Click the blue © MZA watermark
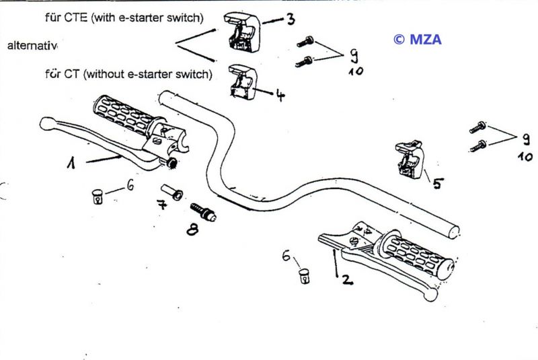point(417,39)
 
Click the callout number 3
point(289,18)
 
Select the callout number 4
point(280,95)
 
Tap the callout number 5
point(438,182)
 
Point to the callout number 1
point(70,163)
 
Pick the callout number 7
point(161,205)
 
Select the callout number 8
point(193,228)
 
